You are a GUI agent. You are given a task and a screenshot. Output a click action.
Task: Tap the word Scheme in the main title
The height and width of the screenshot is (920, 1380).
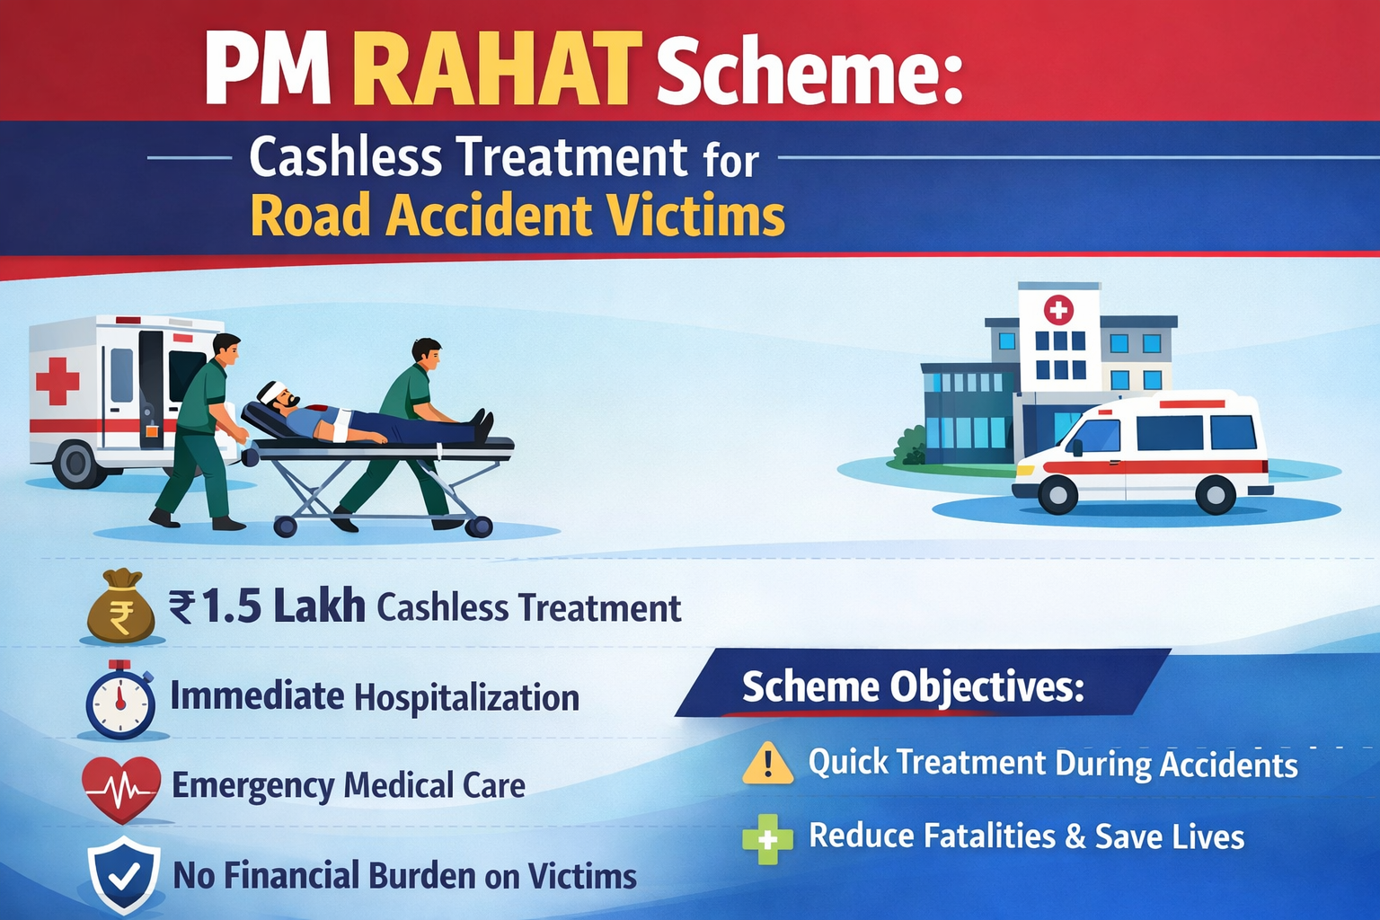pos(809,70)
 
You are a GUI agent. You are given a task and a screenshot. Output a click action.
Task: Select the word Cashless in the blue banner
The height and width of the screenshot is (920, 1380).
pos(346,157)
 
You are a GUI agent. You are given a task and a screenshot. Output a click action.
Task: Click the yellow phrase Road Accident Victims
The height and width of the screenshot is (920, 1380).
pos(517,217)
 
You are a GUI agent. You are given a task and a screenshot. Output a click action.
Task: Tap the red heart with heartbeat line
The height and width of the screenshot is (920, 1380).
pos(121,788)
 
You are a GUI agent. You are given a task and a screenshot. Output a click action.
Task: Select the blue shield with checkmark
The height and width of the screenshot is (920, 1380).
pos(124,874)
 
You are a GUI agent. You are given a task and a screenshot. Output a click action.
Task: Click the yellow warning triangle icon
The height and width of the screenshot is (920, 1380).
pos(767,763)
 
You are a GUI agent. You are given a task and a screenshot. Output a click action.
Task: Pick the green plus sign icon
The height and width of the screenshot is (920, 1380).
pos(767,838)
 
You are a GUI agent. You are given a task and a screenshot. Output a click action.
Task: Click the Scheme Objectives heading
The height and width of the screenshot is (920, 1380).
pos(913,686)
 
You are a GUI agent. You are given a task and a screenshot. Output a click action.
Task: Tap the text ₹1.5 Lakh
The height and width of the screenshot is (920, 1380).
pos(267,606)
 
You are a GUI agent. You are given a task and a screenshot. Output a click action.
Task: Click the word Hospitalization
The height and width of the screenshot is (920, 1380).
pos(466,697)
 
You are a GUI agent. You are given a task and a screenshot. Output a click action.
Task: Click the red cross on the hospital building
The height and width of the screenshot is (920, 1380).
pos(1058,309)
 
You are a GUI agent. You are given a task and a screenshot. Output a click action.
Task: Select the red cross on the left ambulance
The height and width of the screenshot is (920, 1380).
pos(57,380)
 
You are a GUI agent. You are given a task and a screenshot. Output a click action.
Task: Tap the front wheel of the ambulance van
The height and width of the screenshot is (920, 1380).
pos(1057,494)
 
